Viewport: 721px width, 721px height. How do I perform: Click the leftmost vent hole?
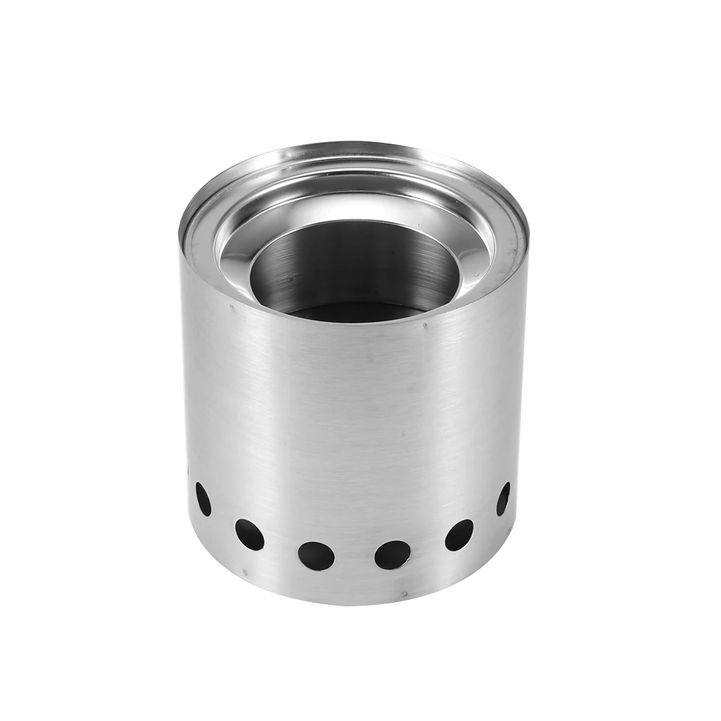203,499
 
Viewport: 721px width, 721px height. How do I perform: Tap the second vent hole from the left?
249,534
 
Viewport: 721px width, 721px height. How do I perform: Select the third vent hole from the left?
317,555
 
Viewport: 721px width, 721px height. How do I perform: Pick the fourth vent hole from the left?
393,554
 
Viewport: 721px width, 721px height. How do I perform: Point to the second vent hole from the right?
459,534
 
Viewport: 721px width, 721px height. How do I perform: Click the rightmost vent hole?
503,498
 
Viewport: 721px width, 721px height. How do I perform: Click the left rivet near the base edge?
245,575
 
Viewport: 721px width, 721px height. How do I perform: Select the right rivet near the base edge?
405,595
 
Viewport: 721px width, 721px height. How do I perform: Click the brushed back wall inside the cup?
353,260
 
